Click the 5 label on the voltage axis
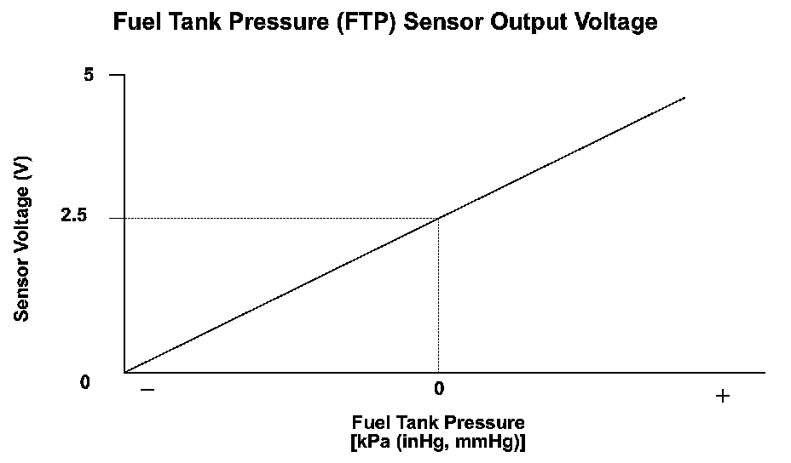point(89,75)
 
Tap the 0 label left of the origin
point(85,382)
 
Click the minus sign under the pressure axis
point(147,390)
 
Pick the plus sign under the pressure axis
point(723,396)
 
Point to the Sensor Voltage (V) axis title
point(23,237)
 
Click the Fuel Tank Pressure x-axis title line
point(437,422)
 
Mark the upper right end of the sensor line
point(684,98)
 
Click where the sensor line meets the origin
point(126,372)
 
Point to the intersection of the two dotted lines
point(438,218)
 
